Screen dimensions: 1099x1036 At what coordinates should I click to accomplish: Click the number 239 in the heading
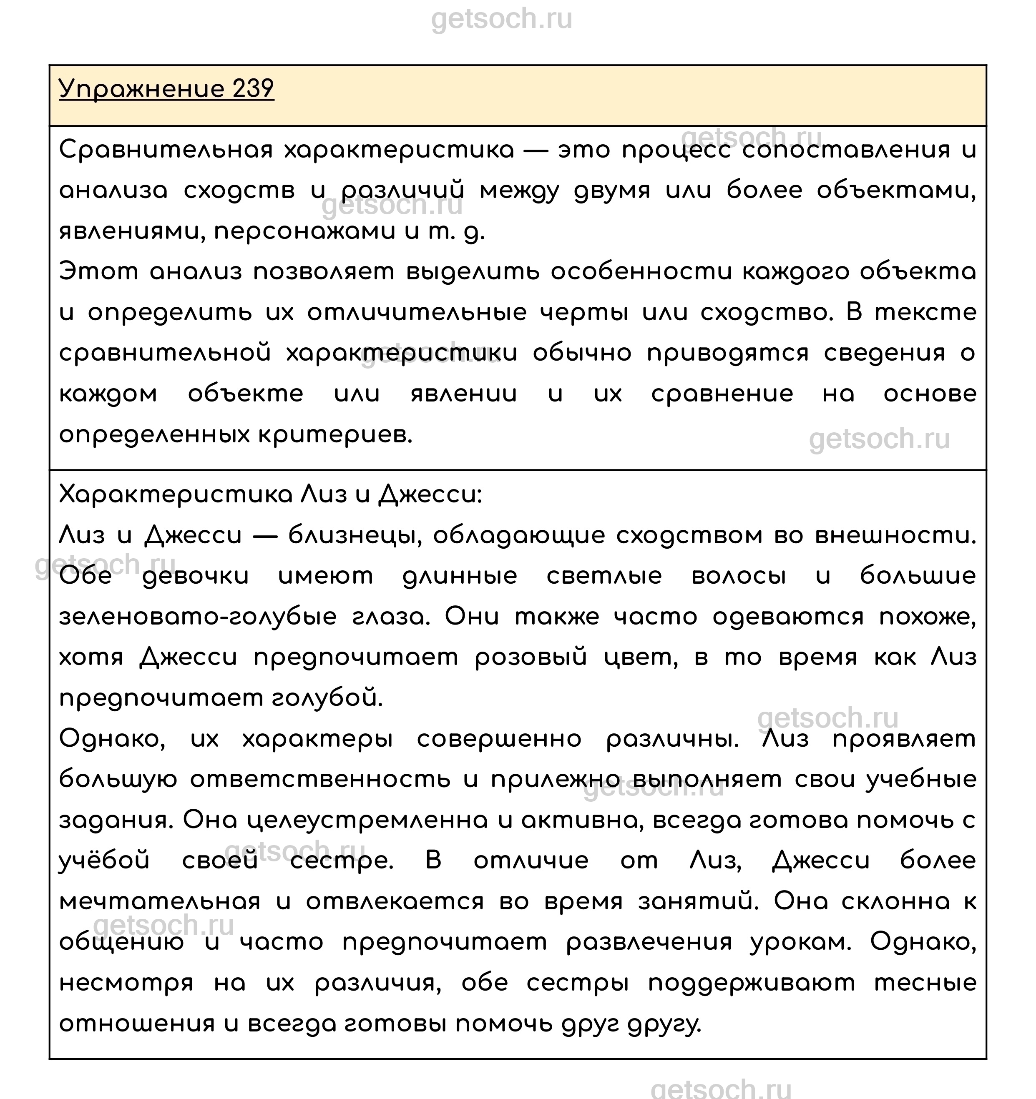point(253,89)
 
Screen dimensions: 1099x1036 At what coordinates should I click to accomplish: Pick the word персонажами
point(304,232)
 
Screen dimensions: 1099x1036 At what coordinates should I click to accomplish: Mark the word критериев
point(335,435)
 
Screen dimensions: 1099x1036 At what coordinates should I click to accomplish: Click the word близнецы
point(355,536)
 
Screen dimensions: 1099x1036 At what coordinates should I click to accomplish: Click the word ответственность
point(320,780)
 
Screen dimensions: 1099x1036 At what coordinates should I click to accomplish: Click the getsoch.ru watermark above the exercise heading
point(502,19)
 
